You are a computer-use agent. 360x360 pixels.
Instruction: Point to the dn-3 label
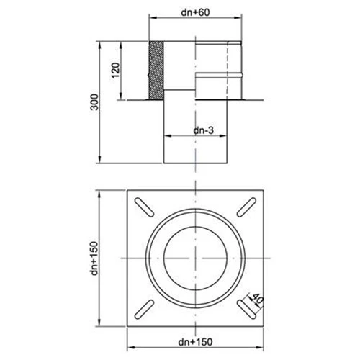point(204,130)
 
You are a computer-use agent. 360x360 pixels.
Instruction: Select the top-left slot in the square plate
point(143,207)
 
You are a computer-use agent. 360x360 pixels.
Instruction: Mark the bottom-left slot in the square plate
point(143,308)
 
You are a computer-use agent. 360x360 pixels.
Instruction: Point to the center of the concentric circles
point(194,258)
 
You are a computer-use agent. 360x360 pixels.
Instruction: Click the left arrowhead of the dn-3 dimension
point(165,136)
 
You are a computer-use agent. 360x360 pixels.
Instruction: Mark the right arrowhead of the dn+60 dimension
point(239,19)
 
